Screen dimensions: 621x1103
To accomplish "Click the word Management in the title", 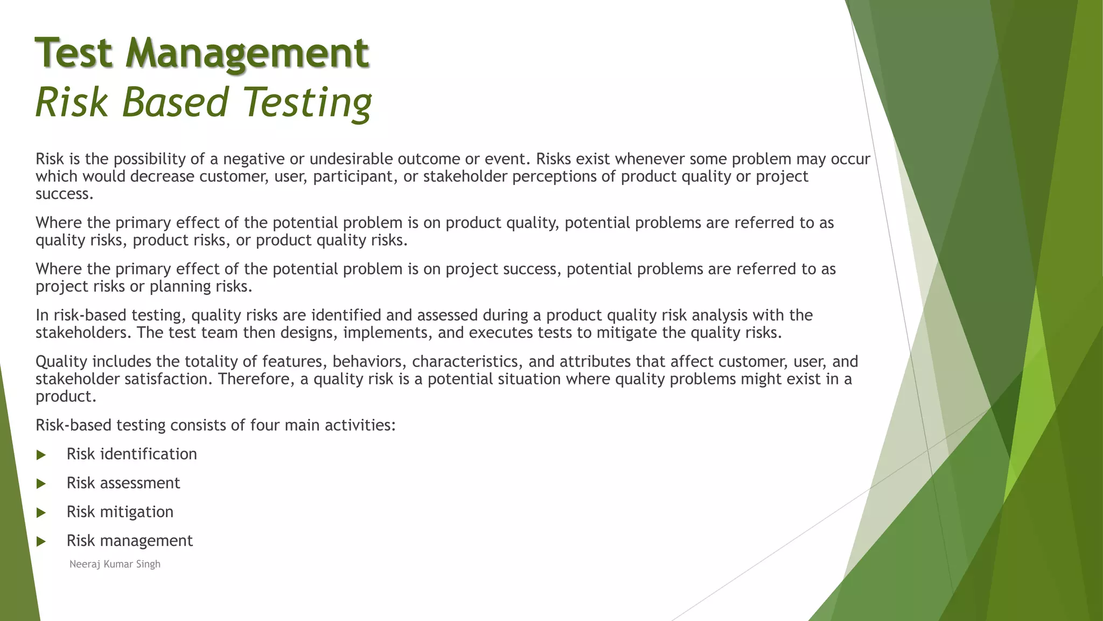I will coord(247,53).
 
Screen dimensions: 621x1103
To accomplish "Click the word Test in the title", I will coord(74,53).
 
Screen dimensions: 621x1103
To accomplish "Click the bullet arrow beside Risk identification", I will coord(41,455).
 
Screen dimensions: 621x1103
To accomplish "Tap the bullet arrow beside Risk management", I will coord(41,542).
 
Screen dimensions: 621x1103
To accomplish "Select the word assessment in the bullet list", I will coord(139,483).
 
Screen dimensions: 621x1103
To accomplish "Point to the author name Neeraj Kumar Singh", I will coord(115,564).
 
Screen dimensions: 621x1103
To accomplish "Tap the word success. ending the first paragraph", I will coord(65,194).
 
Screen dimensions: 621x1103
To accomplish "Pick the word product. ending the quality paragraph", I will coord(66,397).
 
